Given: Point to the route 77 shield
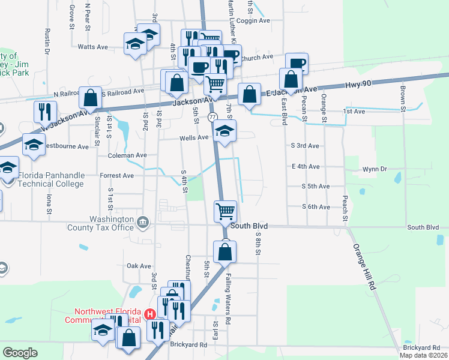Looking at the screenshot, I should pos(213,116).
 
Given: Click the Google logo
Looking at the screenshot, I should pos(20,353).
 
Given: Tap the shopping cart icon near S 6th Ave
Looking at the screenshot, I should pos(225,211).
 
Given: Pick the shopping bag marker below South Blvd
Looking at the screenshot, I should pos(224,252).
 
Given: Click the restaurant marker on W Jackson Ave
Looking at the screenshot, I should pos(45,112).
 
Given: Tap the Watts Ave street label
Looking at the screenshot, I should pos(92,46).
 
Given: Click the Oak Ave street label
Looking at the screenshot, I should pos(139,266).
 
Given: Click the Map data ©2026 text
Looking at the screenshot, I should pos(423,355).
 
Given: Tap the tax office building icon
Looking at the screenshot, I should pos(142,223).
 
